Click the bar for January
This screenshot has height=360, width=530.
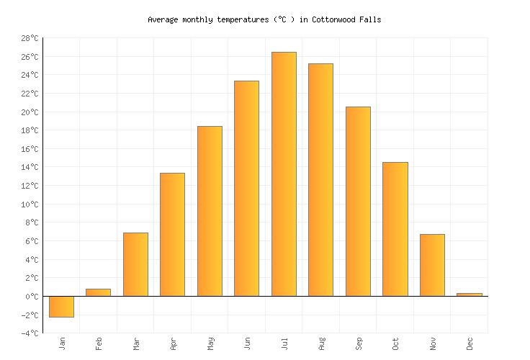(x=61, y=307)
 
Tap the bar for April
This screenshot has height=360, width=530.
(x=172, y=235)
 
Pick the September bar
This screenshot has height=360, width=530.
(x=358, y=202)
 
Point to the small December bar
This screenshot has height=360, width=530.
(x=469, y=294)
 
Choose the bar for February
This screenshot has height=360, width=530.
(x=98, y=292)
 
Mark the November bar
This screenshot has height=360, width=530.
(x=432, y=265)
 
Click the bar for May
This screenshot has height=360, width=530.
(x=210, y=211)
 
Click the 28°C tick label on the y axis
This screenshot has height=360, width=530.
(x=29, y=38)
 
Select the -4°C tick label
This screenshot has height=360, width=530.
(x=29, y=333)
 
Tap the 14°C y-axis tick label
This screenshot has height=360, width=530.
(x=29, y=168)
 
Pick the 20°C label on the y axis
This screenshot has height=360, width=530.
(x=29, y=112)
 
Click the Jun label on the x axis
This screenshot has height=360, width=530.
(x=248, y=343)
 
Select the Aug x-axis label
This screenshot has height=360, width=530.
(x=322, y=343)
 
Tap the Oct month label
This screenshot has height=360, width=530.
(x=396, y=343)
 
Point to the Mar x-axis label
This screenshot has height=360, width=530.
(x=136, y=343)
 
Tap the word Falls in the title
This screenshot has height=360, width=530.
(x=370, y=20)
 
